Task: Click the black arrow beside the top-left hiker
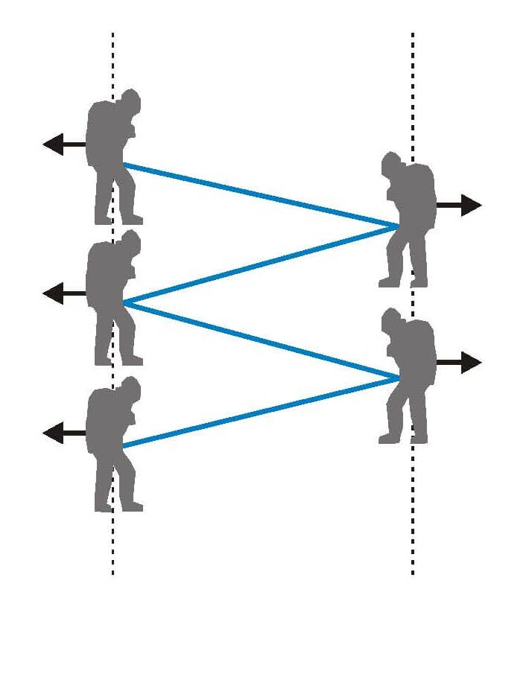pyautogui.click(x=63, y=144)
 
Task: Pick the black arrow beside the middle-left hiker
pyautogui.click(x=63, y=294)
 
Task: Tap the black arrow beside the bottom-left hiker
pyautogui.click(x=63, y=433)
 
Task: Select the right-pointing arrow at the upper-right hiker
pyautogui.click(x=460, y=204)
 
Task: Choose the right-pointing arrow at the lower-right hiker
pyautogui.click(x=460, y=363)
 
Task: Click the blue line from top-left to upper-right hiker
pyautogui.click(x=261, y=194)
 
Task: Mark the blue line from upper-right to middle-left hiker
pyautogui.click(x=261, y=264)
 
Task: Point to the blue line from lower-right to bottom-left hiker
pyautogui.click(x=261, y=412)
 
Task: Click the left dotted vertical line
pyautogui.click(x=113, y=544)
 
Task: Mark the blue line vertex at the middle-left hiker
pyautogui.click(x=123, y=303)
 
